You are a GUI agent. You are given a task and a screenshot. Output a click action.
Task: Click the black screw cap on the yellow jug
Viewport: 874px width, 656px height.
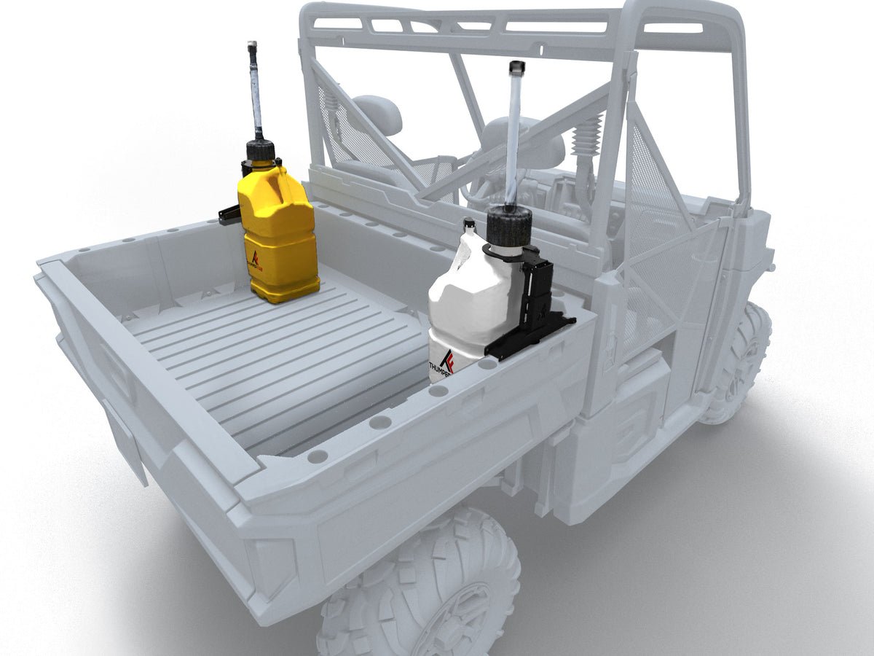pyautogui.click(x=260, y=151)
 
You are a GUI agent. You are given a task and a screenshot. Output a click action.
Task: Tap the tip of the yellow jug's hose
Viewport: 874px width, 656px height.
pyautogui.click(x=252, y=46)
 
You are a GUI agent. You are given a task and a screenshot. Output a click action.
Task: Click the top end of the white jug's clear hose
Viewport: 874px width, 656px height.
pyautogui.click(x=516, y=67)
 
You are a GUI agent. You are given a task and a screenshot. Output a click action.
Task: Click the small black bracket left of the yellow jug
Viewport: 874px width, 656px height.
pyautogui.click(x=229, y=214)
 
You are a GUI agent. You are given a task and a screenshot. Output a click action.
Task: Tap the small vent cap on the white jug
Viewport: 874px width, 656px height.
pyautogui.click(x=469, y=224)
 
